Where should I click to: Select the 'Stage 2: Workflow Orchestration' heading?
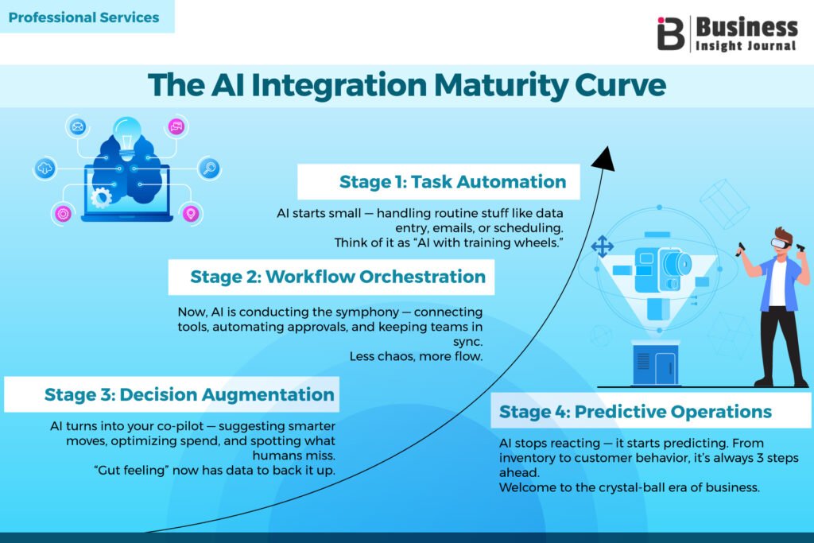point(338,277)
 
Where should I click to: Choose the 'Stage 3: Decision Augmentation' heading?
point(189,394)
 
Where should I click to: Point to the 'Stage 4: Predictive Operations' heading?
point(635,411)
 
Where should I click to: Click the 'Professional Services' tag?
point(84,17)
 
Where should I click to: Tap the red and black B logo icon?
point(671,33)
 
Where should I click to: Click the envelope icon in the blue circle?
point(77,126)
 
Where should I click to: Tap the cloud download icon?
point(45,169)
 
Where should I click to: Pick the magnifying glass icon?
point(210,168)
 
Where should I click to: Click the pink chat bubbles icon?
point(176,126)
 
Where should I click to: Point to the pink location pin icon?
point(189,213)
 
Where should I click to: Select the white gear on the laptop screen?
point(101,196)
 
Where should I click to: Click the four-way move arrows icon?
point(602,247)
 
